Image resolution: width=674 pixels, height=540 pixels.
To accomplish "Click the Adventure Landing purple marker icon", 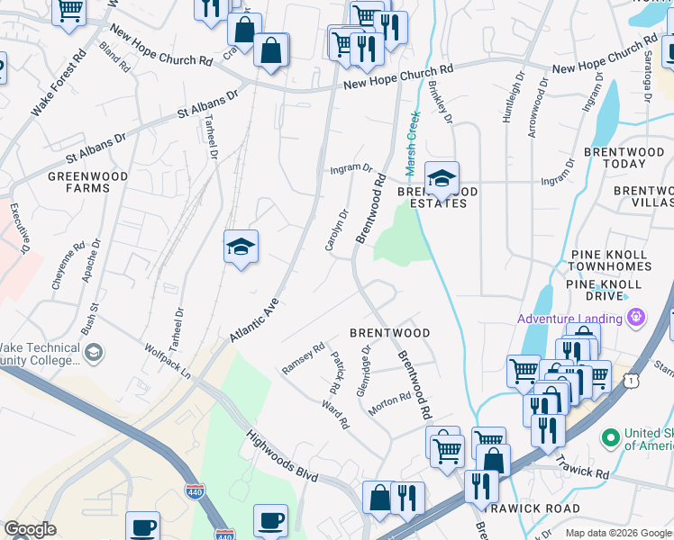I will [x=637, y=318].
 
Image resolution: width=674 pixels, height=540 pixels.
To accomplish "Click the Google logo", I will [x=30, y=529].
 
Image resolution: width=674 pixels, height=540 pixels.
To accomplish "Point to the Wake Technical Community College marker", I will [x=94, y=353].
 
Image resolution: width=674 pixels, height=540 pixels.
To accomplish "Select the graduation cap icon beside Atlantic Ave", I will [x=241, y=247].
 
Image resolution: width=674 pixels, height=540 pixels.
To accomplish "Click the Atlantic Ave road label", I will [x=255, y=319].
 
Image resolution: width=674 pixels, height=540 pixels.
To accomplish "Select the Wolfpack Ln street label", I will [x=168, y=359].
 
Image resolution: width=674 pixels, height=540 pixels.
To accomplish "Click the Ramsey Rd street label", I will [x=303, y=357].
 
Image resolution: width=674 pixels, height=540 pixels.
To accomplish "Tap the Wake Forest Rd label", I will [x=59, y=82].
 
